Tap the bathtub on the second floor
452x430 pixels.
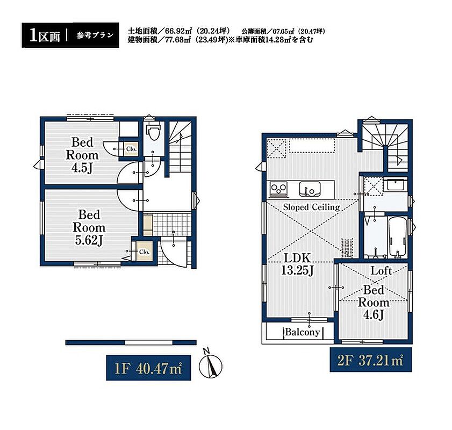point(398,237)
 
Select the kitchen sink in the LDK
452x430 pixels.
point(310,189)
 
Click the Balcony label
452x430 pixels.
point(302,332)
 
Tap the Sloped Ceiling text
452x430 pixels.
point(311,207)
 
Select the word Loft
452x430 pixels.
point(381,270)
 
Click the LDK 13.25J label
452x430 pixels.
point(297,264)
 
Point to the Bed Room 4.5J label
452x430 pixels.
point(82,155)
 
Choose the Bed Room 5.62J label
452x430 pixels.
point(89,228)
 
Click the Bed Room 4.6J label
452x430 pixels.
point(374,302)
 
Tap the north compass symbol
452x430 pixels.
point(211,364)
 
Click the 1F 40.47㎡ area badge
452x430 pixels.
point(148,368)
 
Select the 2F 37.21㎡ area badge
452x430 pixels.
point(371,360)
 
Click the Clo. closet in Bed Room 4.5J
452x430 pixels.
point(131,149)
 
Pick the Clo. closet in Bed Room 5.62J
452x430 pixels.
point(144,252)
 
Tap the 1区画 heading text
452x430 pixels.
point(45,35)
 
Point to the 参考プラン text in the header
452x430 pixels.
point(95,35)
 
